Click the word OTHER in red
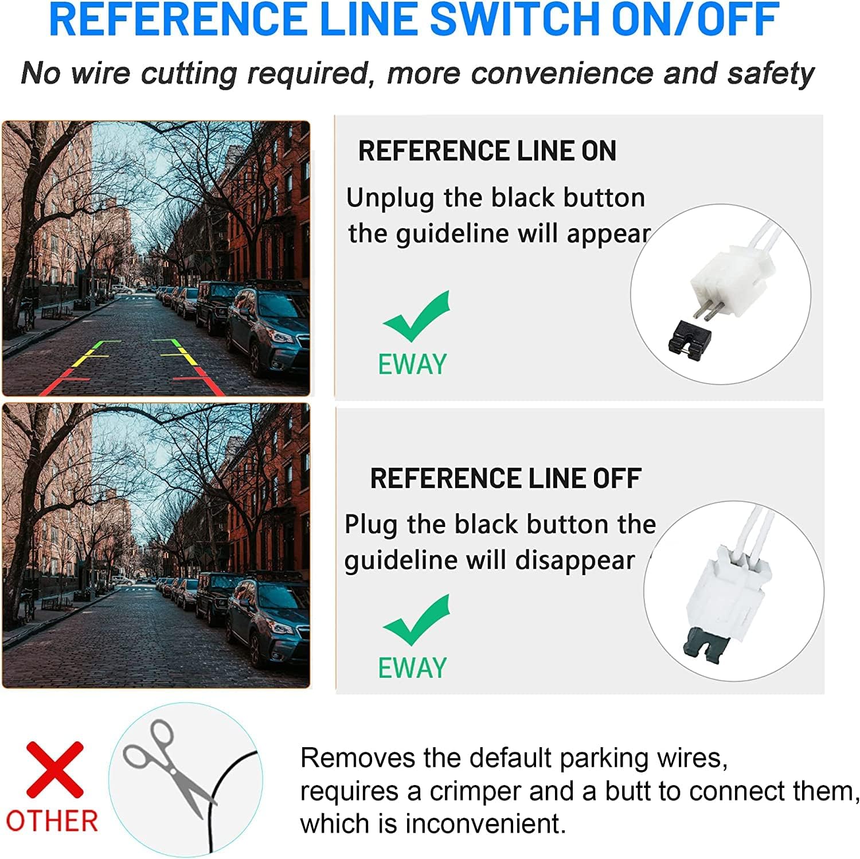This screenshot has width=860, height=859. click(52, 821)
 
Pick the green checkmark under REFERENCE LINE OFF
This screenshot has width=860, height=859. click(417, 620)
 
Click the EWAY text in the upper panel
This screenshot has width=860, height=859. click(412, 364)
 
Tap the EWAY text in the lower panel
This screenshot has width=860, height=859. click(412, 668)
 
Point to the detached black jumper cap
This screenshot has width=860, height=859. click(690, 336)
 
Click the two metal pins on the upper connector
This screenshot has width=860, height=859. click(703, 309)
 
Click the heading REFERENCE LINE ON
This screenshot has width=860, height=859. click(487, 151)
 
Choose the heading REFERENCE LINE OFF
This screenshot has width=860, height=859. click(506, 478)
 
